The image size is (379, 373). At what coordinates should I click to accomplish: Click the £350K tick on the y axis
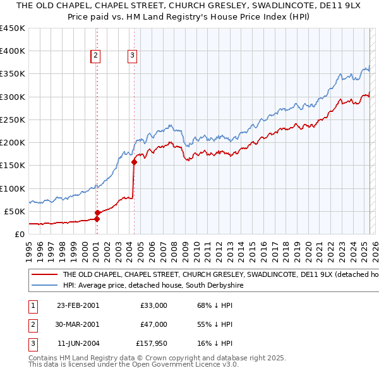click(13, 74)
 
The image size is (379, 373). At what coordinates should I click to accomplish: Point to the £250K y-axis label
click(13, 119)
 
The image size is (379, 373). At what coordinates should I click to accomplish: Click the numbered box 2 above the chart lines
click(96, 56)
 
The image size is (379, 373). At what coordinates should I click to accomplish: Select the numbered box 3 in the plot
click(133, 56)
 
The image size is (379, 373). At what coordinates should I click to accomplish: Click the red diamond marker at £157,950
click(134, 162)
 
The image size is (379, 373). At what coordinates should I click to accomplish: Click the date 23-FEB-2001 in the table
click(78, 305)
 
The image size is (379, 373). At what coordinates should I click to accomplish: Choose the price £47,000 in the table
click(153, 325)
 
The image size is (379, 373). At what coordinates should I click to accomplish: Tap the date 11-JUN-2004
click(78, 345)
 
